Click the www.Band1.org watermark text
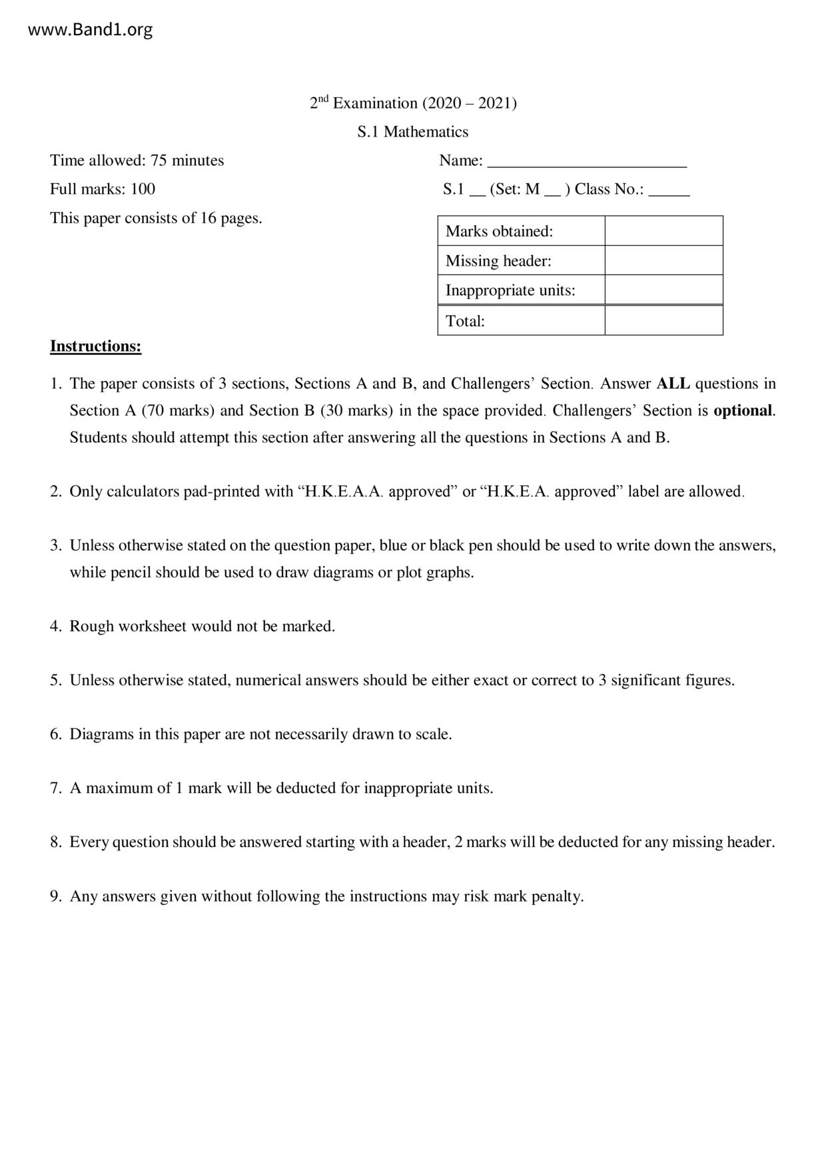(91, 30)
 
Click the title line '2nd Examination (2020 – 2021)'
(413, 103)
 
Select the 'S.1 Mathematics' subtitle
(413, 132)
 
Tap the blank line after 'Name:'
(587, 161)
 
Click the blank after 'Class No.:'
(669, 190)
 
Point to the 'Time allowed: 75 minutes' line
(137, 160)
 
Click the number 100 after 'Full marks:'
(143, 189)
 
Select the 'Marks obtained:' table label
(500, 231)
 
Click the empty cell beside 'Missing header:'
(663, 260)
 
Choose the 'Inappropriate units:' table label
(510, 290)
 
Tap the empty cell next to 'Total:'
(663, 321)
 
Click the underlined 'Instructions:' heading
(95, 346)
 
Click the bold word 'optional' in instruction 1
(743, 410)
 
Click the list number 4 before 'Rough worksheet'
(55, 627)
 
